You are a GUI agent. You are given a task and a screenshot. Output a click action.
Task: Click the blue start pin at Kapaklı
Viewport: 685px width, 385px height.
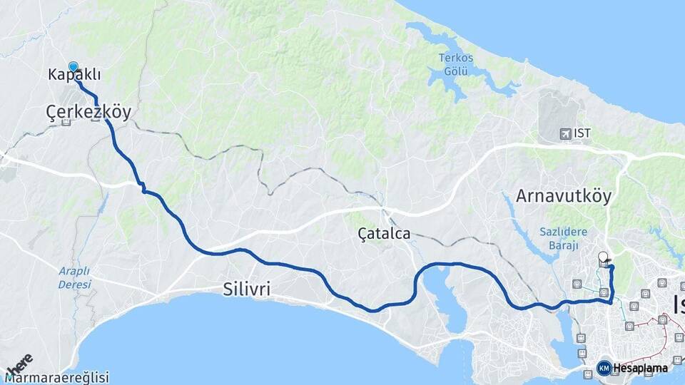(x=73, y=67)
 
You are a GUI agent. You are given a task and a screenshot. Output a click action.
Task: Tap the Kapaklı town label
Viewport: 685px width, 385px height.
(x=74, y=75)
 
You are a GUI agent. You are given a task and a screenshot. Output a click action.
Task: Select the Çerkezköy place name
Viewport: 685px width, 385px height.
(x=88, y=112)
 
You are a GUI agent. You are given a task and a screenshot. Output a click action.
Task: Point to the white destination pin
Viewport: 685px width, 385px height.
(x=604, y=257)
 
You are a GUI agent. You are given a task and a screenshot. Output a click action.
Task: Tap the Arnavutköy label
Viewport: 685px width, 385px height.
(x=564, y=196)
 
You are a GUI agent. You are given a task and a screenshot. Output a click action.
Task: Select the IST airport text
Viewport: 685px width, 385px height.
(x=582, y=133)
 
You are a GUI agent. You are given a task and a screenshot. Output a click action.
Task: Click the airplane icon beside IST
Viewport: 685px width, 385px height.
(x=566, y=133)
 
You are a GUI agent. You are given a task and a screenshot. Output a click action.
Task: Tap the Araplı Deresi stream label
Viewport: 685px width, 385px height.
(x=75, y=277)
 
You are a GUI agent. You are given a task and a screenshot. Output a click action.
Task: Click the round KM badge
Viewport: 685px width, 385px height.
(x=604, y=368)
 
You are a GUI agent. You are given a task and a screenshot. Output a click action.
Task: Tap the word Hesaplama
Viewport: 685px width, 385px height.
(x=640, y=368)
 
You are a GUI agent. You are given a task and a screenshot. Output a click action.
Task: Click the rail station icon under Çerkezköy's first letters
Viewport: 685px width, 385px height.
(x=66, y=122)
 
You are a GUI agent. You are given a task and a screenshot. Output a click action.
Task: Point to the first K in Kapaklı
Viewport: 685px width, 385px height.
(x=54, y=75)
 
